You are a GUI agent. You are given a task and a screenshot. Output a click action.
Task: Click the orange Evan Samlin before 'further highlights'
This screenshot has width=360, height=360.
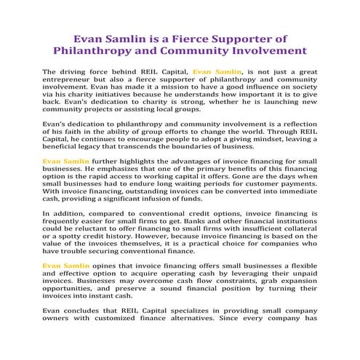(x=66, y=160)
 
